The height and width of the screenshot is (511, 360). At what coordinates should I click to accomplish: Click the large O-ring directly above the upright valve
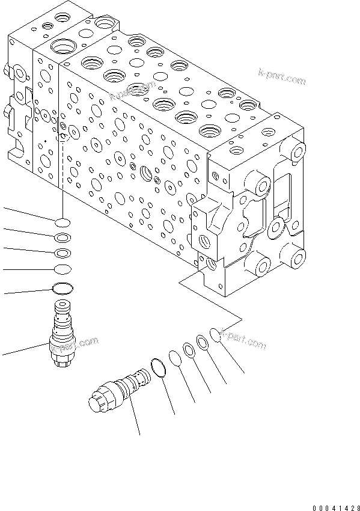click(63, 289)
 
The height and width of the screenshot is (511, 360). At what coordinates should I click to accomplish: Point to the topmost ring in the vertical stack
click(63, 222)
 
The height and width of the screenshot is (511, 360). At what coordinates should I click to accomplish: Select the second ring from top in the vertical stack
click(63, 237)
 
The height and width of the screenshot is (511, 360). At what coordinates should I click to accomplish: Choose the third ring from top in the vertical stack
click(63, 252)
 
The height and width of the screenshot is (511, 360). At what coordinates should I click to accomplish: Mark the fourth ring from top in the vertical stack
click(63, 268)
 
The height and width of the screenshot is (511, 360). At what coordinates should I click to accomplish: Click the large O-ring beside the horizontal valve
click(159, 368)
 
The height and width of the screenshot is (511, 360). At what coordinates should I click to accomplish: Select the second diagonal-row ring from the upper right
click(203, 342)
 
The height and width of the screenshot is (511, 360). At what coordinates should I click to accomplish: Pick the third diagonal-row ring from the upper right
click(189, 350)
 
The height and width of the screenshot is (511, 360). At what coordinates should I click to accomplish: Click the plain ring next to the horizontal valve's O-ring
click(175, 359)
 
